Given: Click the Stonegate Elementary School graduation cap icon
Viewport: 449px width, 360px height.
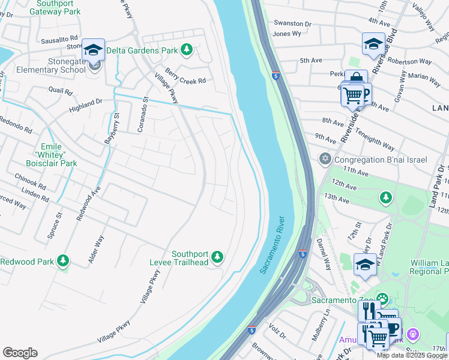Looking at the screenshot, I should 93,49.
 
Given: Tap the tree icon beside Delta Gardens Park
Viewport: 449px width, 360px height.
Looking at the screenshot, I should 187,50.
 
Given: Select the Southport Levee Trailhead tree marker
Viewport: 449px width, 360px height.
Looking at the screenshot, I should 217,257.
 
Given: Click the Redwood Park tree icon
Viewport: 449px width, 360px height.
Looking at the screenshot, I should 62,261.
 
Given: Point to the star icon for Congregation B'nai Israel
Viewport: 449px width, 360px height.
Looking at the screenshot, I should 325,159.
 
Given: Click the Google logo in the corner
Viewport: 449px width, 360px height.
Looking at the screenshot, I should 20,353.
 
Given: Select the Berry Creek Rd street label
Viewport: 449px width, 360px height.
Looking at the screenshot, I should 185,76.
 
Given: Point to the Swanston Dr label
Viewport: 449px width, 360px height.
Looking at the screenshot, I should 292,24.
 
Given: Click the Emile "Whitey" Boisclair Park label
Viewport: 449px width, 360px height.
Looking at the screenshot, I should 59,155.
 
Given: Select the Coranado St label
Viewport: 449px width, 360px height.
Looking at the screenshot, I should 143,114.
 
